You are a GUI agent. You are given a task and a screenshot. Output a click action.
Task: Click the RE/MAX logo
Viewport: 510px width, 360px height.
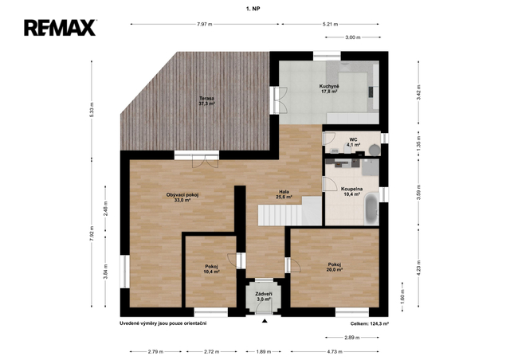click(60, 28)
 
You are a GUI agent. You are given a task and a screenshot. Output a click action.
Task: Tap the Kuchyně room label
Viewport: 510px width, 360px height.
click(329, 88)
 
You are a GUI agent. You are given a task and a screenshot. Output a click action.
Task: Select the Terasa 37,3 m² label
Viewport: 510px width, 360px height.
click(207, 101)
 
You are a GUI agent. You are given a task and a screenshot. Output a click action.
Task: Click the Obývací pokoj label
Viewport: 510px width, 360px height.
click(182, 198)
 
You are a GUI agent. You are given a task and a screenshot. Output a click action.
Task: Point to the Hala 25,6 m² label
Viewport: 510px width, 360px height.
click(284, 194)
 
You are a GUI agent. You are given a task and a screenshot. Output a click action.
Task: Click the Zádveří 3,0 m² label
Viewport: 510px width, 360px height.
click(264, 296)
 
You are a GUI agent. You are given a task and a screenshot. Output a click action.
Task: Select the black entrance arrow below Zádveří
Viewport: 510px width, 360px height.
click(265, 321)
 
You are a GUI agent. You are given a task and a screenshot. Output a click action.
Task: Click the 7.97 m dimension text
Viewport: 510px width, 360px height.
click(205, 24)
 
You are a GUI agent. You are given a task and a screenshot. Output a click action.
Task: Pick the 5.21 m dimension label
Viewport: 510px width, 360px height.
click(331, 24)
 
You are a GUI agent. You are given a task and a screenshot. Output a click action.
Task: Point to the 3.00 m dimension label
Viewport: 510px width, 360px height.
click(353, 37)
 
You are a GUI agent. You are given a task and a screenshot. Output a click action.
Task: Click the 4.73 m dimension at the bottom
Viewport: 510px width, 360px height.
click(335, 351)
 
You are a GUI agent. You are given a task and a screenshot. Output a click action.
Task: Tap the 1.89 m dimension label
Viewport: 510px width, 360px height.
click(264, 351)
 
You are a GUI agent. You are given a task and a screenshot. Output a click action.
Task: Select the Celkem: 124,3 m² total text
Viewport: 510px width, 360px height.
click(370, 323)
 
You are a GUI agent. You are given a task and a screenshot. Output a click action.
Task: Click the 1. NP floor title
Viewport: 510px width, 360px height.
click(253, 9)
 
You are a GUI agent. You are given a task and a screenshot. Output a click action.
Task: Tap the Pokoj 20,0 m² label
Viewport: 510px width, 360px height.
click(335, 267)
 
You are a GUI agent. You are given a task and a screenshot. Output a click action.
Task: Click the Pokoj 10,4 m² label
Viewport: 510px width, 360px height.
click(211, 268)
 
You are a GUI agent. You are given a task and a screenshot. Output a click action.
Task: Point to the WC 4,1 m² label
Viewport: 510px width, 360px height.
click(353, 142)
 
